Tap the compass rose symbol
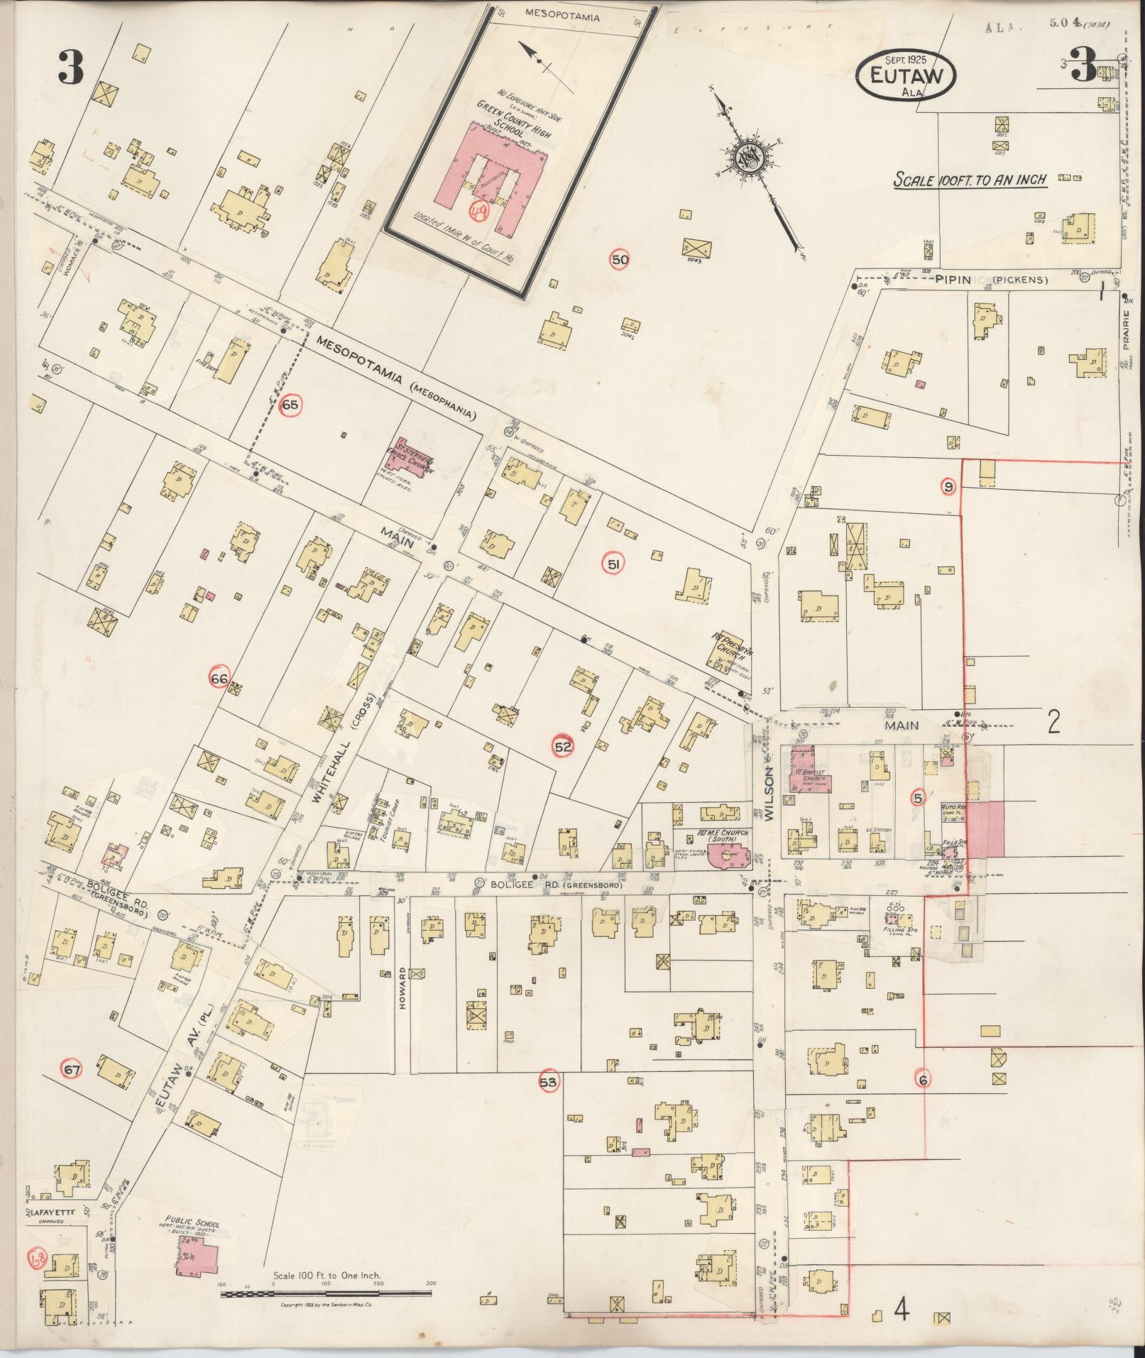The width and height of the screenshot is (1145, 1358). click(x=750, y=158)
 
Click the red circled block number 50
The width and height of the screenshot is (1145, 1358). click(x=620, y=261)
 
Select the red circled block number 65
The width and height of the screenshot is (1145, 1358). click(x=290, y=405)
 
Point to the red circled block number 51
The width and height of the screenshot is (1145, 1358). click(x=613, y=565)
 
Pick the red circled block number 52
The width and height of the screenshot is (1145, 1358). click(x=563, y=747)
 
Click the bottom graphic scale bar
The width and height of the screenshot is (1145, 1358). click(x=329, y=1294)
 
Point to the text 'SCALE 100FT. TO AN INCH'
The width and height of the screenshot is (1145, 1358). click(x=970, y=180)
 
